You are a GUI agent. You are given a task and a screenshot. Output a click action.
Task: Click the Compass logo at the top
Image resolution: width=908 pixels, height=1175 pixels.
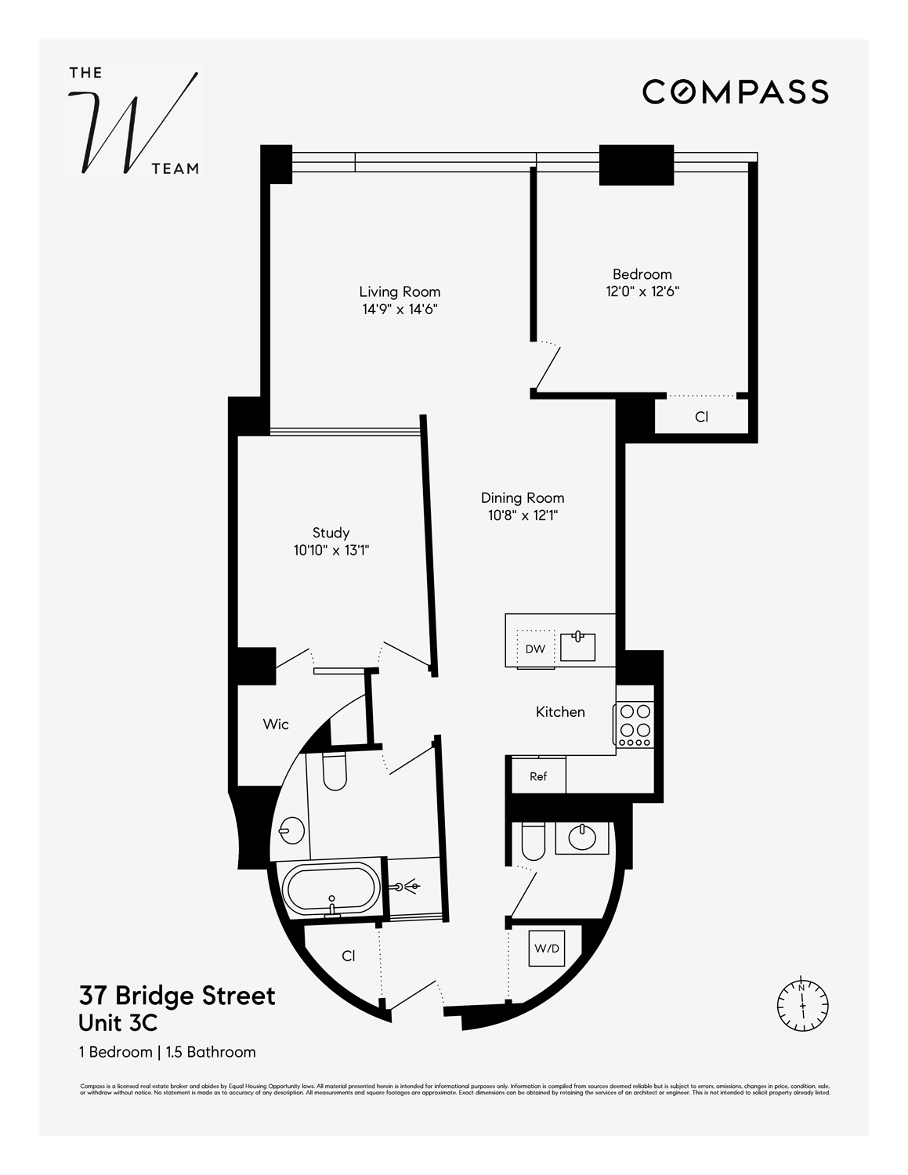(x=735, y=92)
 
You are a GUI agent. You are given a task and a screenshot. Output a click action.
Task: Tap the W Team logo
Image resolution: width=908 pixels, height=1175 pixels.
(x=134, y=122)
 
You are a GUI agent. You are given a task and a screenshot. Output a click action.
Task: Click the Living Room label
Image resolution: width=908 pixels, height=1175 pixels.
(x=400, y=292)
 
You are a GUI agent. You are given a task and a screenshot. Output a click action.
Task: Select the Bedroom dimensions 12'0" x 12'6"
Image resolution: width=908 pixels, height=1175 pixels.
(x=642, y=291)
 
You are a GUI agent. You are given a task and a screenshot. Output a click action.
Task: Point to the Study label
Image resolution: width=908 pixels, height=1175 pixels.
(x=331, y=533)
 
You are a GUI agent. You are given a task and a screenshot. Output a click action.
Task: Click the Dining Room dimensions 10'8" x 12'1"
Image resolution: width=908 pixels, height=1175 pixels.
(x=522, y=515)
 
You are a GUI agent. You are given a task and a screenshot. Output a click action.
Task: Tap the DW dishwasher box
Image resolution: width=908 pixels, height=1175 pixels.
(x=535, y=649)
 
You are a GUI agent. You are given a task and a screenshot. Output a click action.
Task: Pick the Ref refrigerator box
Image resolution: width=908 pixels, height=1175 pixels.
(x=538, y=776)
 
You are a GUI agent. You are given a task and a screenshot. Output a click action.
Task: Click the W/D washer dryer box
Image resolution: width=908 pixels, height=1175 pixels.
(x=547, y=949)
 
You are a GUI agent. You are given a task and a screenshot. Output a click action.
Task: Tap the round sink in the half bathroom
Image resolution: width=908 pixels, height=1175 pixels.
(x=582, y=837)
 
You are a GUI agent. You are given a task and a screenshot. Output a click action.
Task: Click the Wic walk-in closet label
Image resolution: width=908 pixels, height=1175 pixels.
(x=276, y=725)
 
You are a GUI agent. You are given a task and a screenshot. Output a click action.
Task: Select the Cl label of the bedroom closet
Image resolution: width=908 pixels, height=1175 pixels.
(x=702, y=418)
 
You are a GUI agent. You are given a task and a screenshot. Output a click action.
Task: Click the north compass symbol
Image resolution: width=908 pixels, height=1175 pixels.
(x=802, y=1003)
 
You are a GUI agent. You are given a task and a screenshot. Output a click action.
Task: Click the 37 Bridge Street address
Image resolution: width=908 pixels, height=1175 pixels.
(x=177, y=996)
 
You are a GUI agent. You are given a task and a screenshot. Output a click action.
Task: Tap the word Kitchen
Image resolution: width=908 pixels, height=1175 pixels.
(x=560, y=712)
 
